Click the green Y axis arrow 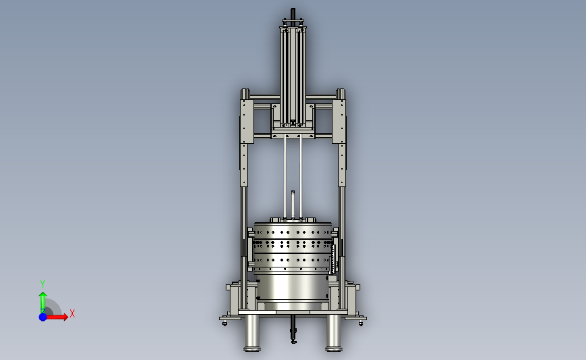[x=43, y=302]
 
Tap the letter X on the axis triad [x=72, y=313]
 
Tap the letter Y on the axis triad [x=42, y=284]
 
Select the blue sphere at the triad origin [x=43, y=317]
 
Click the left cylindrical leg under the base [x=252, y=332]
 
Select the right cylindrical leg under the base [x=334, y=332]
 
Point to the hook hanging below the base [x=294, y=330]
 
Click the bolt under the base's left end [x=224, y=322]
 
